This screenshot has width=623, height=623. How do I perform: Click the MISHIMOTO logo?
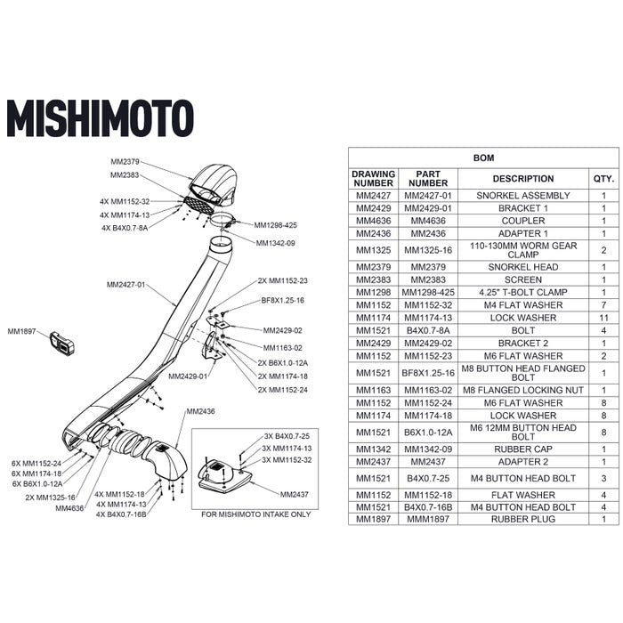click(x=100, y=117)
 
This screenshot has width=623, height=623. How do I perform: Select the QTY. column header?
click(x=603, y=178)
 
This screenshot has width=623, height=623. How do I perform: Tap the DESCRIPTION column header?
click(x=522, y=178)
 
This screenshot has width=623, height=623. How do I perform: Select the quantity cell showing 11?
click(x=603, y=317)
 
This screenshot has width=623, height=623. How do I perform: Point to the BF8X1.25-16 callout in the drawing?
click(x=282, y=301)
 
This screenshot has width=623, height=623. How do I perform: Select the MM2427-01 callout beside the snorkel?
click(x=127, y=285)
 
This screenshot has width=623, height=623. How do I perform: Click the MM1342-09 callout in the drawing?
click(x=275, y=243)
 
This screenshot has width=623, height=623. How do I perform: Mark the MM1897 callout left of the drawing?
click(x=23, y=331)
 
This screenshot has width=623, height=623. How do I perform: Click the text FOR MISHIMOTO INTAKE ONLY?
click(x=256, y=514)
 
